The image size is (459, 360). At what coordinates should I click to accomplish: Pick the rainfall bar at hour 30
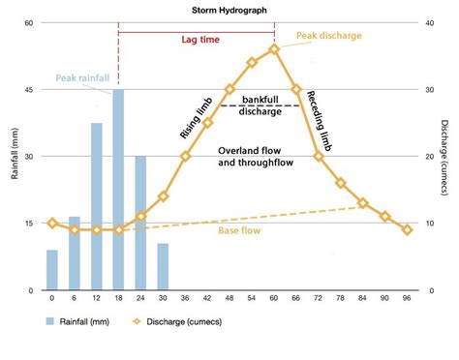click(163, 266)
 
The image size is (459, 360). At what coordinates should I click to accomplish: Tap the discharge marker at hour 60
click(274, 48)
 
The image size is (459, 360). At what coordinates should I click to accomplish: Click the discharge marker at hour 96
click(407, 229)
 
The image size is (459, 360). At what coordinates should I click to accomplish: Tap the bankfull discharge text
click(261, 105)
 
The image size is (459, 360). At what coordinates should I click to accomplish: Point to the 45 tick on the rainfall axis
click(29, 89)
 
